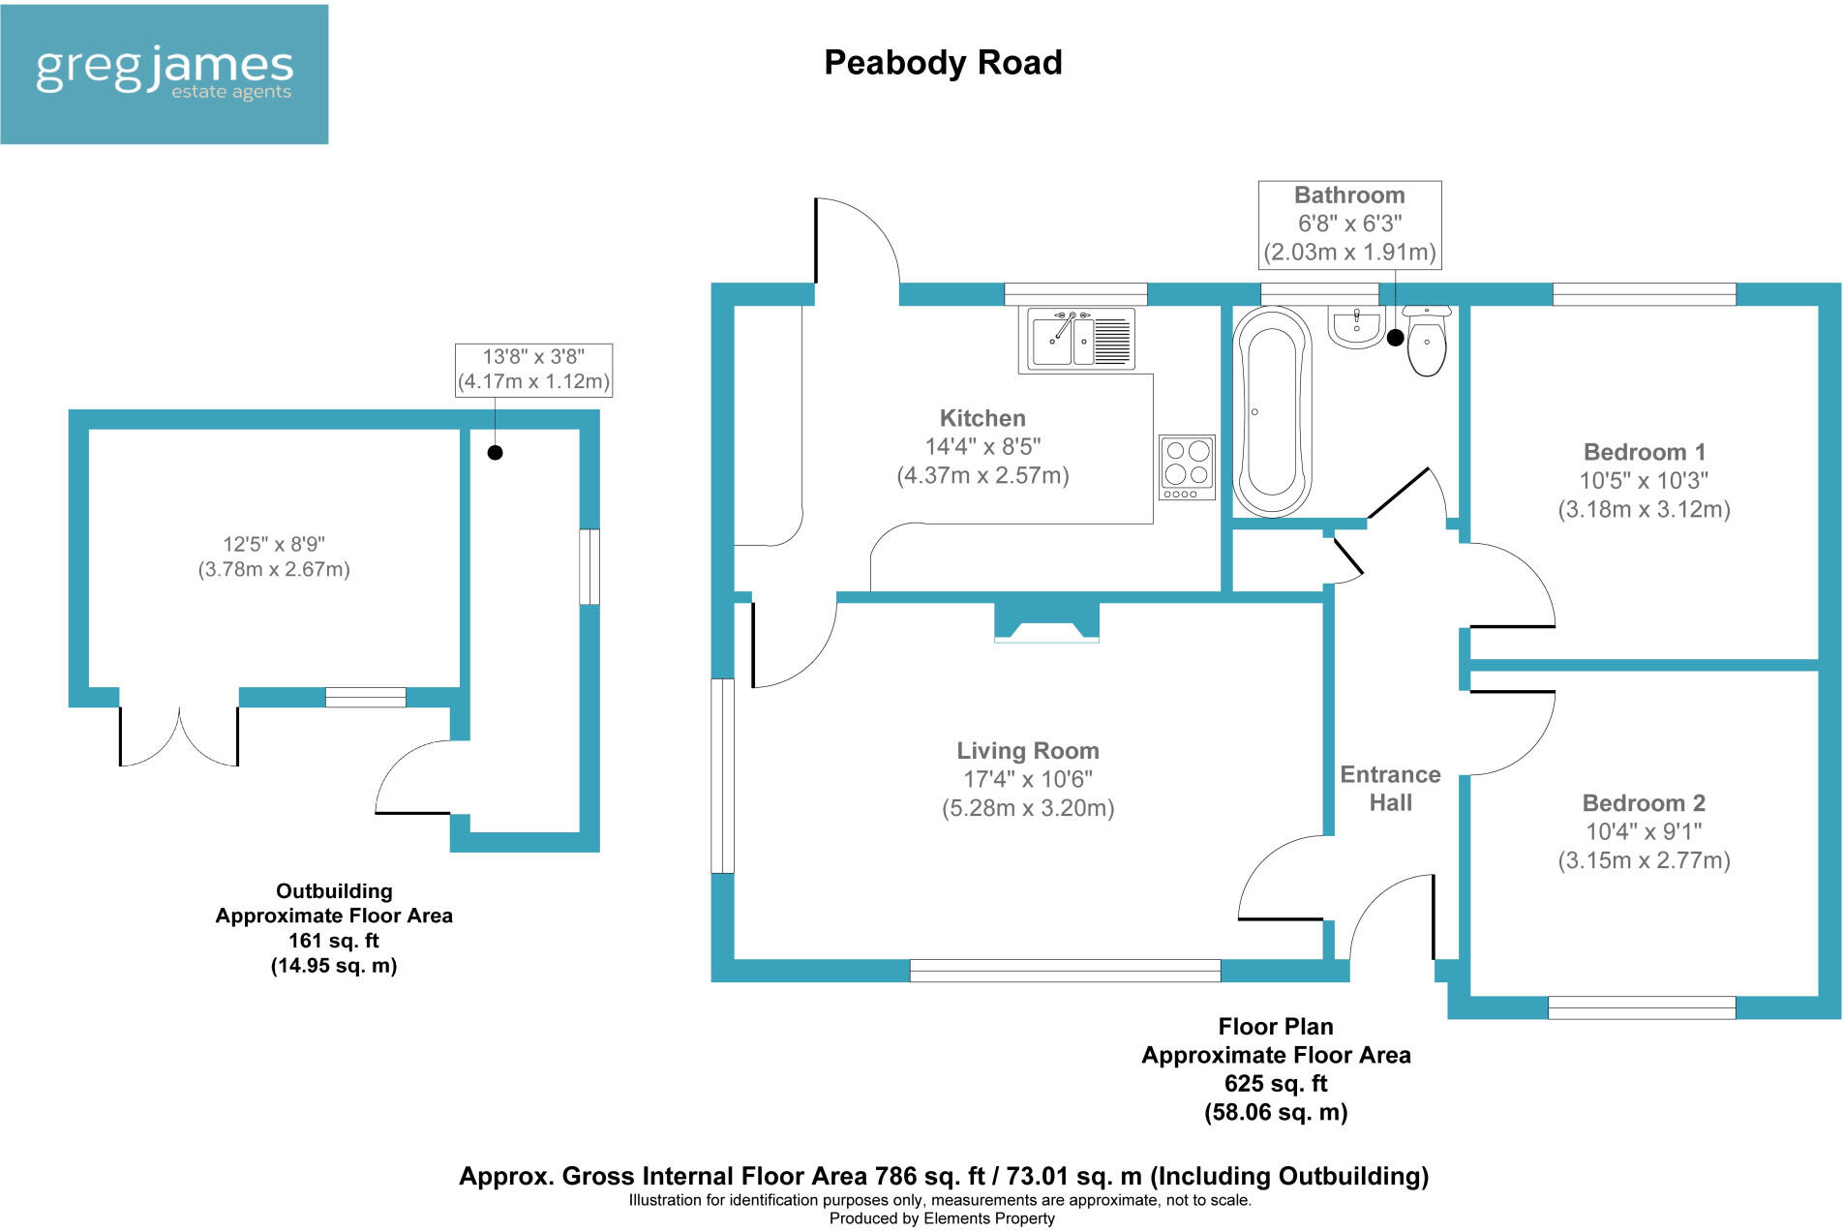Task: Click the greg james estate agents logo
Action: point(165,75)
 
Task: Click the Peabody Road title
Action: point(943,63)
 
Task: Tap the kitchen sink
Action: point(1076,340)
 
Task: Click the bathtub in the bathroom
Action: point(1272,411)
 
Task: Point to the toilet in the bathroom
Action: point(1427,341)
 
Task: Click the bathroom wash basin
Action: point(1356,328)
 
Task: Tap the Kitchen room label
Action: point(982,418)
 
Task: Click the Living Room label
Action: point(1028,751)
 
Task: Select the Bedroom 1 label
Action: point(1644,452)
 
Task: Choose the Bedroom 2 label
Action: point(1644,803)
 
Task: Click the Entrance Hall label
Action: point(1390,789)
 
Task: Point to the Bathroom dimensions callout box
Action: point(1349,225)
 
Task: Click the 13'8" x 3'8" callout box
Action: point(533,370)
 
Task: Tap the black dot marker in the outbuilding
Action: point(495,452)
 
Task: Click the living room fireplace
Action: point(1047,623)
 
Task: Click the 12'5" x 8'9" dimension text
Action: point(274,556)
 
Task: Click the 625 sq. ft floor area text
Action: point(1275,1084)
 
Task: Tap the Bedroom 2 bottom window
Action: point(1641,1008)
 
